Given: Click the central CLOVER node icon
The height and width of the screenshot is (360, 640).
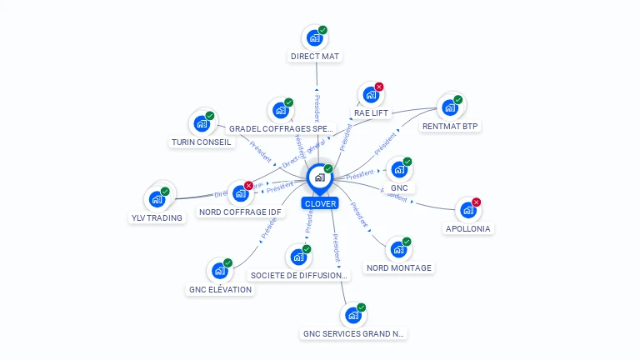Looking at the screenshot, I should [x=319, y=177].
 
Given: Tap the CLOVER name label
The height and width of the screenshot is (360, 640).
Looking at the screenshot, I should [x=320, y=203].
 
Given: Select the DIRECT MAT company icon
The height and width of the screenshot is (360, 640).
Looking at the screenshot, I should [x=314, y=37].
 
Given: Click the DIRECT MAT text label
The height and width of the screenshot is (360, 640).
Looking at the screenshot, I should [x=316, y=57].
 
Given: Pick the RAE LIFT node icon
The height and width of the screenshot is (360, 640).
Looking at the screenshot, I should [x=371, y=94].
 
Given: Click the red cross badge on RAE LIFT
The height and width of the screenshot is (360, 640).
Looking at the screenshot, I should [x=379, y=87].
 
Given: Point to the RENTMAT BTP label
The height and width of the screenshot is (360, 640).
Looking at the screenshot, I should [x=451, y=127].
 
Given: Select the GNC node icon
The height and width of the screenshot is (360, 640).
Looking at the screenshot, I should [x=399, y=170].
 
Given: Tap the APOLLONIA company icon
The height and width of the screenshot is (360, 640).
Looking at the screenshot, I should [x=467, y=210].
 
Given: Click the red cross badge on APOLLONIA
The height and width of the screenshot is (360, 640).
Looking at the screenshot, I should [x=476, y=202].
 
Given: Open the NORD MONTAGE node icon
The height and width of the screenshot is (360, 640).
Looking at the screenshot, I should [x=398, y=249].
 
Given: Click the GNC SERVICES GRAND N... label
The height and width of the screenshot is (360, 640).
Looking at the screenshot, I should [x=353, y=334].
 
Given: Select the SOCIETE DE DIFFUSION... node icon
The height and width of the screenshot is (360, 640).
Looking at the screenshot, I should [x=297, y=257].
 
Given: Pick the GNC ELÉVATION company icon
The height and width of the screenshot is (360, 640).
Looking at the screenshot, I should [x=219, y=271].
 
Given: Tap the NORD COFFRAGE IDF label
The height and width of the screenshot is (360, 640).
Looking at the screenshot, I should [x=241, y=212].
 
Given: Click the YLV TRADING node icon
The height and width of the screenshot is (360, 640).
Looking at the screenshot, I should [x=156, y=199].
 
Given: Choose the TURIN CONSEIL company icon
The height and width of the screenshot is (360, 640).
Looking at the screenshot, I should [x=201, y=123].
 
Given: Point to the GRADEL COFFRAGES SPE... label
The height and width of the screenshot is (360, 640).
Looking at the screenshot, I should [x=281, y=129].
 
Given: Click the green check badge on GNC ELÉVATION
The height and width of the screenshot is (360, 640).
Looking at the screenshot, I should [x=227, y=263].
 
